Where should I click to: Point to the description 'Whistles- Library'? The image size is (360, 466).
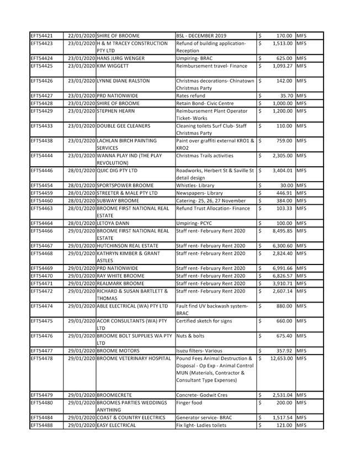point(196,186)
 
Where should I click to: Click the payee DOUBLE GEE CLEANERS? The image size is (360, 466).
point(123,126)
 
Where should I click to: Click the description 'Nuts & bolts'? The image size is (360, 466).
point(190,336)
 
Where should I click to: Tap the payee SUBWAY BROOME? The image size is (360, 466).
point(118,201)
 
